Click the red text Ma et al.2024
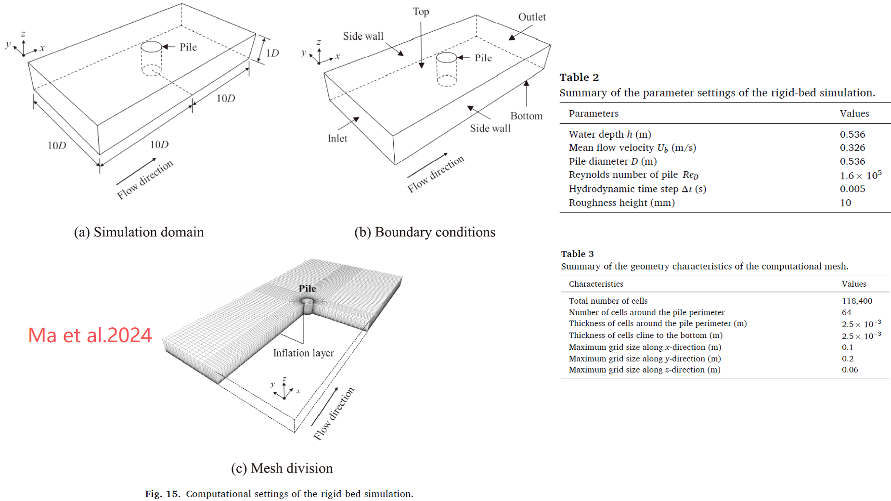click(90, 335)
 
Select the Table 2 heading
click(579, 77)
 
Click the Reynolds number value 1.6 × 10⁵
click(860, 175)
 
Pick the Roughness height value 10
click(845, 203)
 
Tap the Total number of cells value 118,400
click(857, 301)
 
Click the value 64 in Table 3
click(846, 312)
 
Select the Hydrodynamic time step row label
click(637, 189)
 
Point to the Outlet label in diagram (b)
click(531, 17)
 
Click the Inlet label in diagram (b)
click(337, 139)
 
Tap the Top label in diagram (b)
click(421, 12)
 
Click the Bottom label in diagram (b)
click(526, 116)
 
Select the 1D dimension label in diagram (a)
click(272, 53)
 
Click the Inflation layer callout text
click(303, 353)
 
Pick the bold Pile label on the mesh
click(307, 288)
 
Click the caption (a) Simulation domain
click(139, 232)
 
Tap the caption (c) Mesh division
click(282, 468)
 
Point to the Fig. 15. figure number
click(162, 494)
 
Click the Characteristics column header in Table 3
click(595, 284)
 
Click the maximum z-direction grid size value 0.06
click(850, 370)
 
